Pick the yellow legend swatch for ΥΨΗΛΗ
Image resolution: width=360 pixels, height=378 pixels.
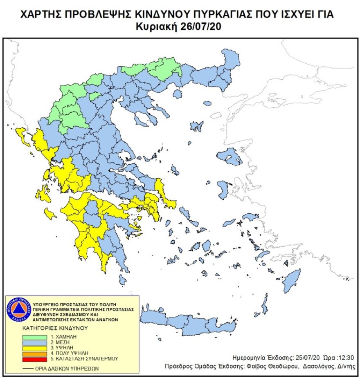tap(35, 347)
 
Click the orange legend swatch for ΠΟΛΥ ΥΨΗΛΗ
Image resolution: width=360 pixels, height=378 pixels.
tap(35, 352)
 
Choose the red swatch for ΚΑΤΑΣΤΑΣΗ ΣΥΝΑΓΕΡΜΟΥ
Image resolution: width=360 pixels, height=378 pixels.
tap(35, 358)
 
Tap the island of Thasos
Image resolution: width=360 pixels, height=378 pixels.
tap(177, 94)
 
